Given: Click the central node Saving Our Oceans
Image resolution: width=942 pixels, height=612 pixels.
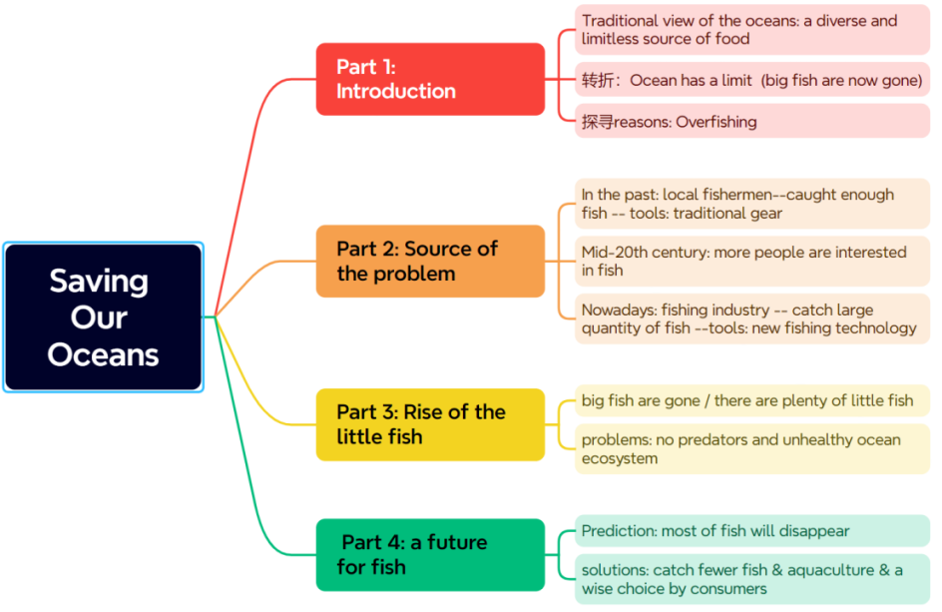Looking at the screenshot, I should pyautogui.click(x=104, y=317).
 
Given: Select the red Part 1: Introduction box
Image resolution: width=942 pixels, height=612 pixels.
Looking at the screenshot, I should pyautogui.click(x=430, y=79).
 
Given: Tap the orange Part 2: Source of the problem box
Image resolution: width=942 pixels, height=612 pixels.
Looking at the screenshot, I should pyautogui.click(x=430, y=262).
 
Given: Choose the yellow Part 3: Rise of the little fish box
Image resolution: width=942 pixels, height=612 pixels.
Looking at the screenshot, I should pyautogui.click(x=430, y=424).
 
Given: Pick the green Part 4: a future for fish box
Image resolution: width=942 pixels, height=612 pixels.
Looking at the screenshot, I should pyautogui.click(x=430, y=554).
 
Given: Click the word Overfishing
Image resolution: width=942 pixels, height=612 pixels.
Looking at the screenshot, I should pyautogui.click(x=716, y=122).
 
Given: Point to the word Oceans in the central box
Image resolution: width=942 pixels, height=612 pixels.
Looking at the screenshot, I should pyautogui.click(x=104, y=354).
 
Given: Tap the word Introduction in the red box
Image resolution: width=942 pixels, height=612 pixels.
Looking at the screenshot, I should pyautogui.click(x=396, y=91).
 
